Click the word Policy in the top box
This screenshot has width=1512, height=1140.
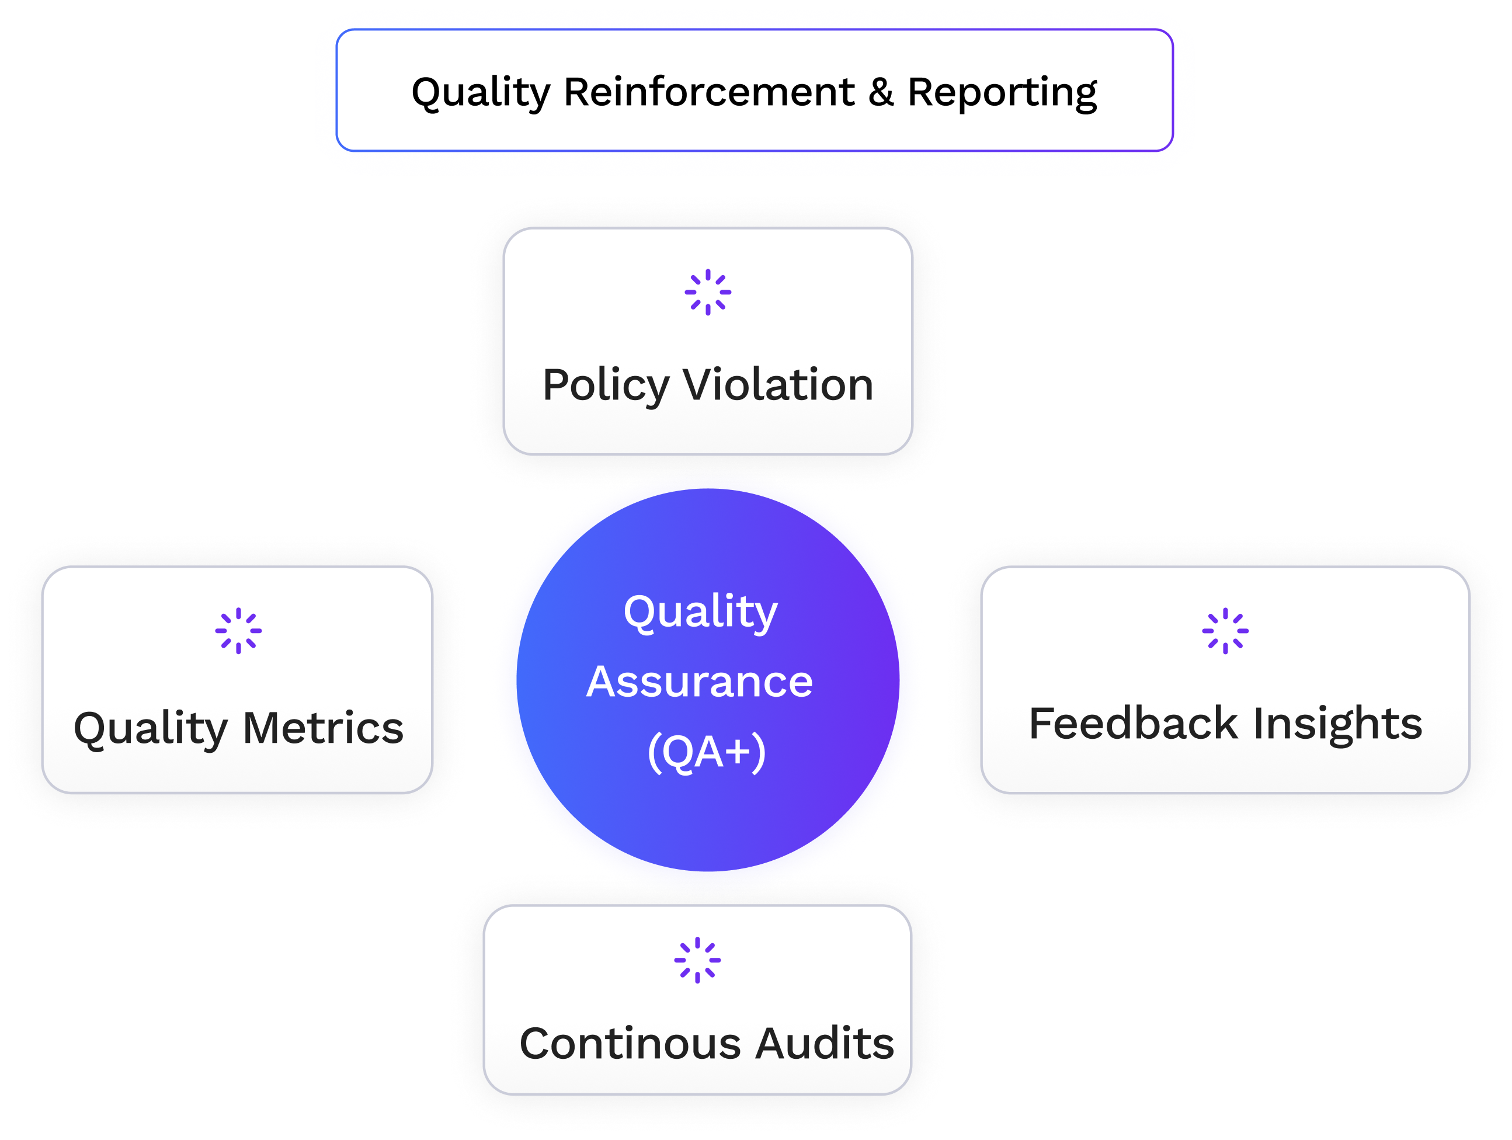point(604,386)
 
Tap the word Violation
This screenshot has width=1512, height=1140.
point(778,385)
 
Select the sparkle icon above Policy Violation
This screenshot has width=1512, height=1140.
point(707,293)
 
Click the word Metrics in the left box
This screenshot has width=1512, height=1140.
point(324,728)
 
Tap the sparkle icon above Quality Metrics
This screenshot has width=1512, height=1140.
point(238,631)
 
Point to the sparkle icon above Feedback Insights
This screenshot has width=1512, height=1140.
point(1225,631)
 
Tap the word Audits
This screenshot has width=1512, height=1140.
point(825,1044)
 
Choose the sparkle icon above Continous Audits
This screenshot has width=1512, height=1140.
point(697,960)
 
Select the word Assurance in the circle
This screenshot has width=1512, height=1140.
point(699,682)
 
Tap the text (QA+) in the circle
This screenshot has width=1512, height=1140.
point(706,752)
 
